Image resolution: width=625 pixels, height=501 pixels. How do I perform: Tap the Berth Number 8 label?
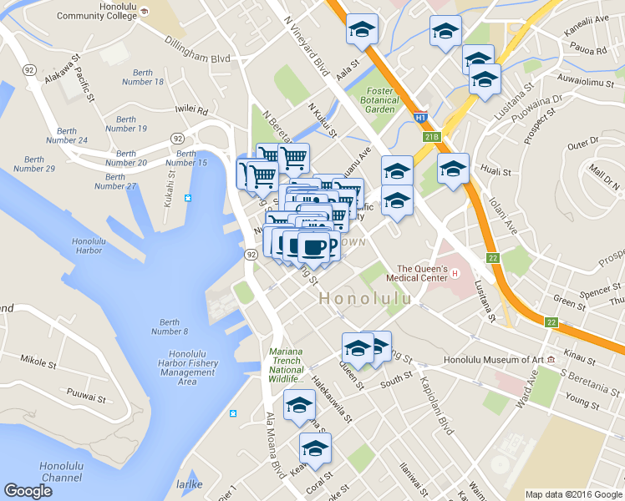pyautogui.click(x=169, y=326)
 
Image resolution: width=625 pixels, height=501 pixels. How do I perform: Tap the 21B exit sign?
pyautogui.click(x=431, y=137)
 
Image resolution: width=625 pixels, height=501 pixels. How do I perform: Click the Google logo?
pyautogui.click(x=28, y=491)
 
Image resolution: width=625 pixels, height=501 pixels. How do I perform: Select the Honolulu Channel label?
pyautogui.click(x=60, y=472)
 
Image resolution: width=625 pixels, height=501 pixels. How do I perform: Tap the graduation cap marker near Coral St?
pyautogui.click(x=315, y=449)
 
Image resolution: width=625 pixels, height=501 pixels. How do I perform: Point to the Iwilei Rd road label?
pyautogui.click(x=191, y=109)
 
